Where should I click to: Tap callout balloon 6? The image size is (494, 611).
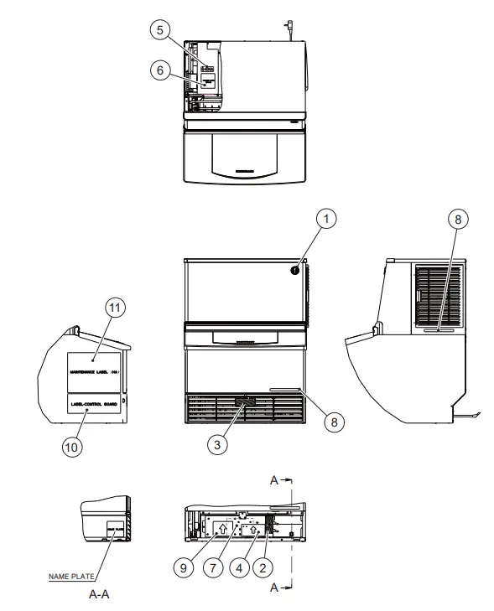click(156, 72)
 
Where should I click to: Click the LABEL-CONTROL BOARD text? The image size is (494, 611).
click(94, 403)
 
